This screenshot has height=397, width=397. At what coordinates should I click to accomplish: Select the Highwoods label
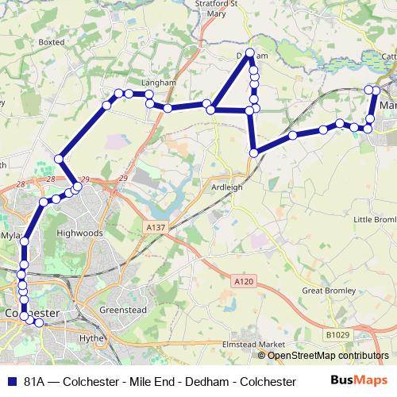81,233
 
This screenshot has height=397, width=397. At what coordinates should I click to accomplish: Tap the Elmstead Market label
253,344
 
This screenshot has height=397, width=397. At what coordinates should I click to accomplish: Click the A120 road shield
244,281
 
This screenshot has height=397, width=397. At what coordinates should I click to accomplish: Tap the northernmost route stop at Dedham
250,53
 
